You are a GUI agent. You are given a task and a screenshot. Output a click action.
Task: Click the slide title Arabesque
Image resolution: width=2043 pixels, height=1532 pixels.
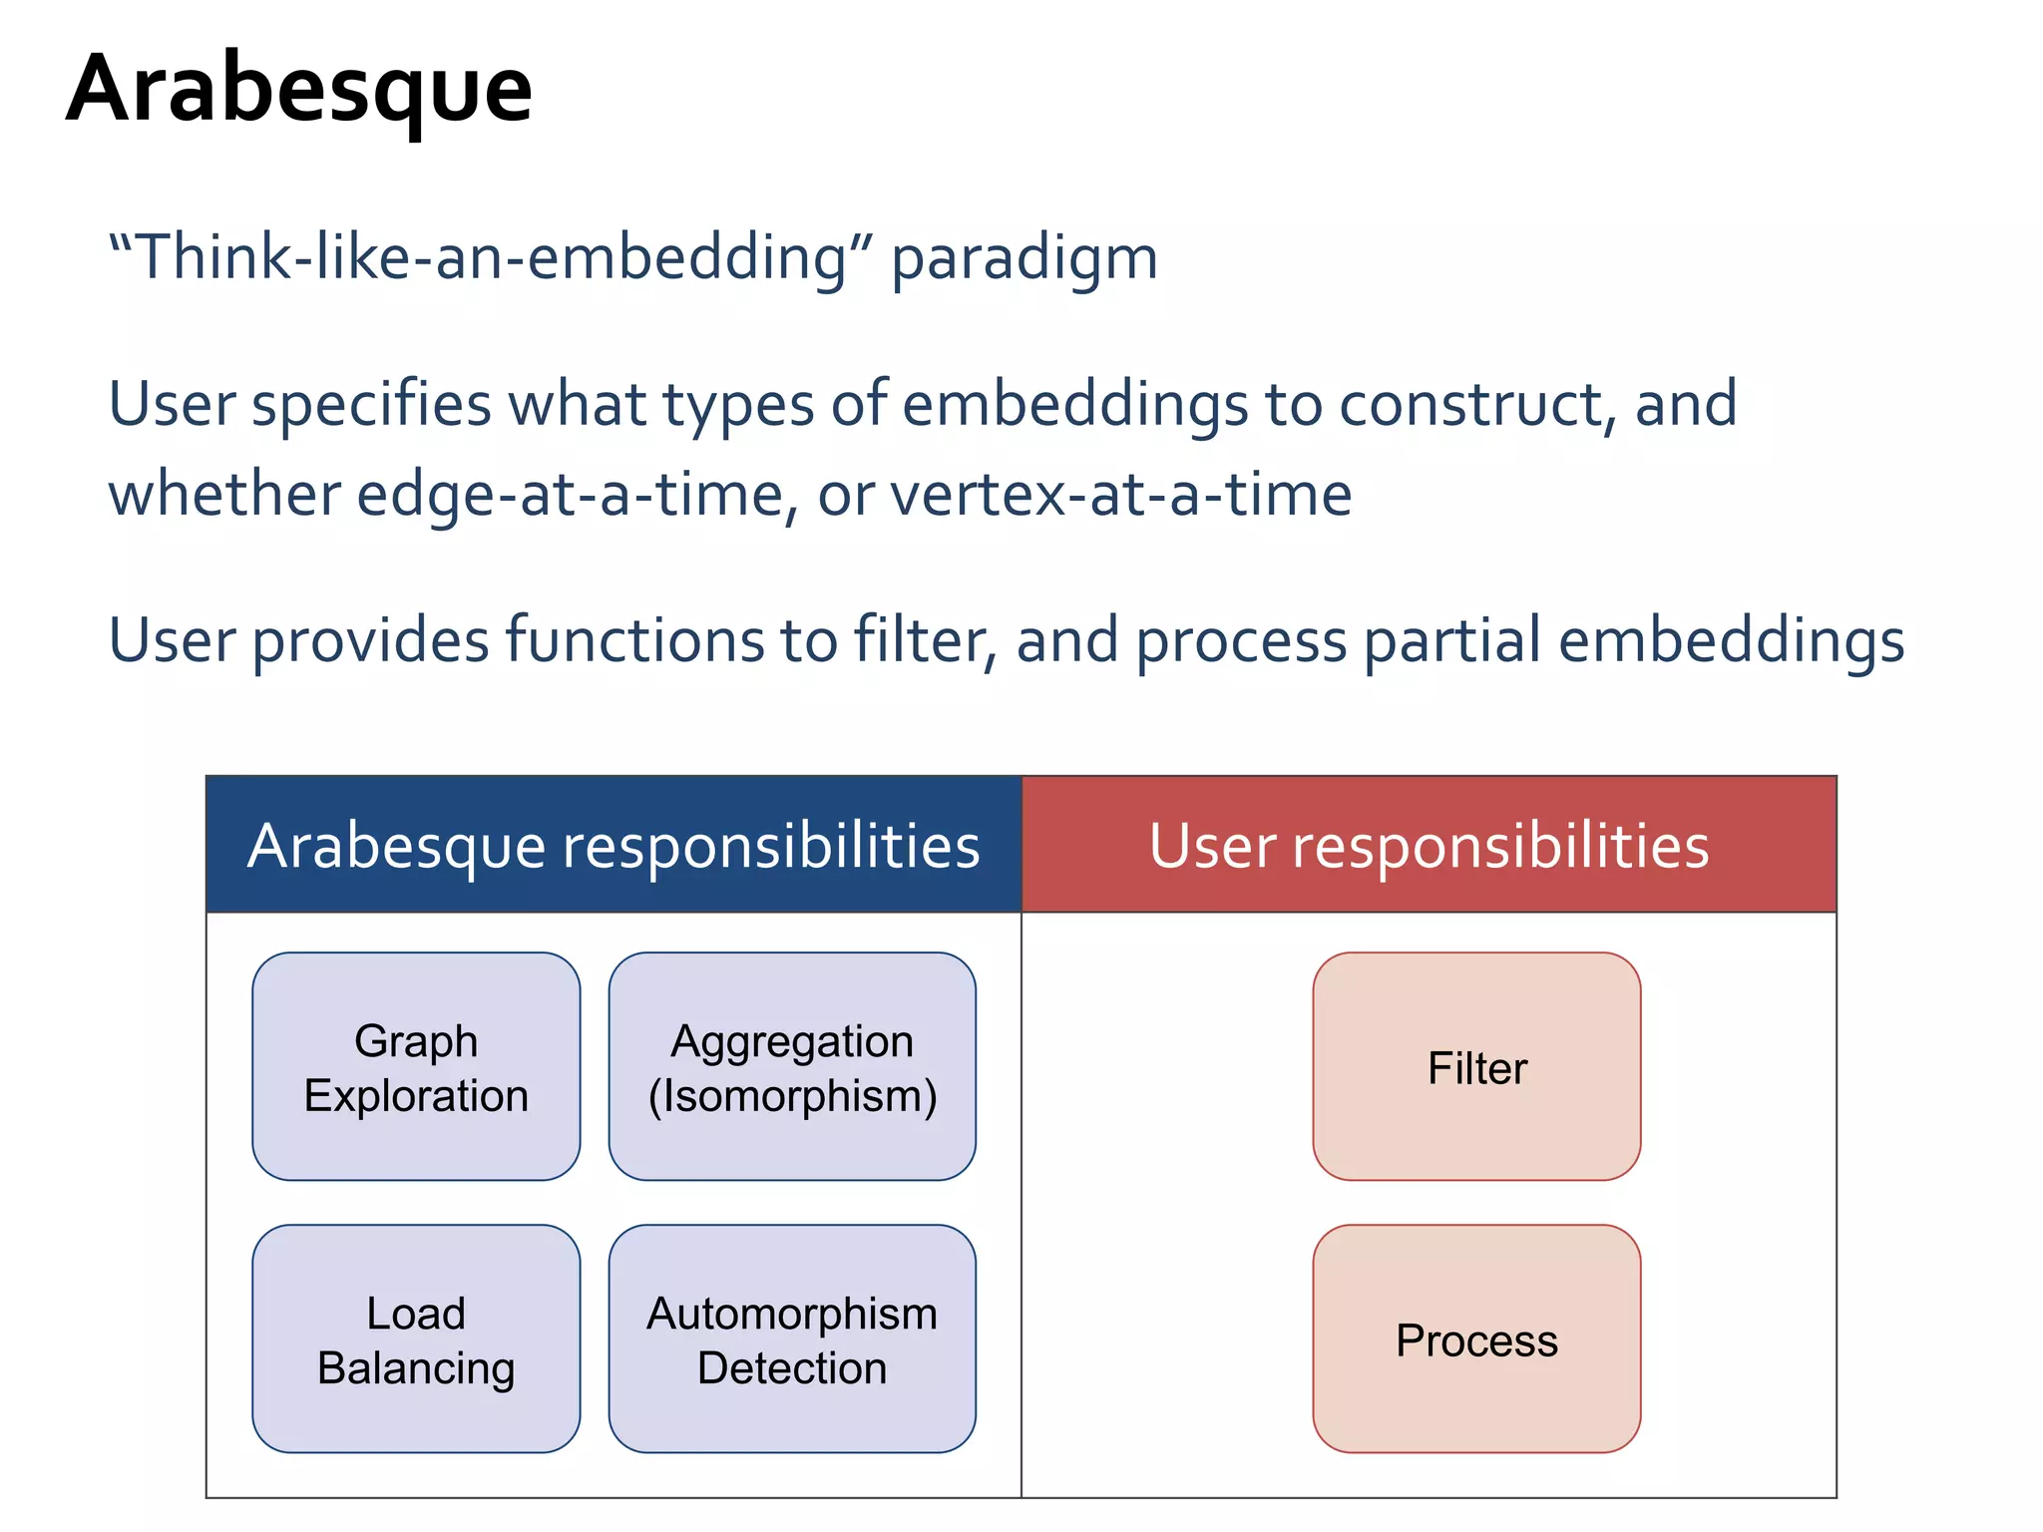(x=299, y=90)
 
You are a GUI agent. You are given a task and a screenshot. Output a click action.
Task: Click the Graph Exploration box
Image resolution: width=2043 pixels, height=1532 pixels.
(x=416, y=1067)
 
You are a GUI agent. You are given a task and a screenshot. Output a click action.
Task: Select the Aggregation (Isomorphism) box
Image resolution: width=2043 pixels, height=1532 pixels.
(x=792, y=1067)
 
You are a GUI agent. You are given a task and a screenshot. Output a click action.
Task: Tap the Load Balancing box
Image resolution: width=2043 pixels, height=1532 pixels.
(x=416, y=1340)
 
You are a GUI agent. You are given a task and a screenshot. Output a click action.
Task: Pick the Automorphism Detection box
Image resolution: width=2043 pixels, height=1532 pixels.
(x=792, y=1340)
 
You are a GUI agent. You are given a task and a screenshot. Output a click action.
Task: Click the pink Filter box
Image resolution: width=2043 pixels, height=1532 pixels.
(x=1476, y=1067)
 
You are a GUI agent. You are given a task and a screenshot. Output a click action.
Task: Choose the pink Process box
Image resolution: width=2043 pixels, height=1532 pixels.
(x=1476, y=1340)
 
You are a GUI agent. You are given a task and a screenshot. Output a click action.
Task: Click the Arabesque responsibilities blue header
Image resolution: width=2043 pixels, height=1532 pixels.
(x=613, y=845)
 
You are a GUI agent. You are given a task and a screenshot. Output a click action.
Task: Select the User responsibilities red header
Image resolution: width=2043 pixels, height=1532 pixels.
(x=1429, y=845)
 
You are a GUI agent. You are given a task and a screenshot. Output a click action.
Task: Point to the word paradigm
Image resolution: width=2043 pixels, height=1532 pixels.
(x=1024, y=259)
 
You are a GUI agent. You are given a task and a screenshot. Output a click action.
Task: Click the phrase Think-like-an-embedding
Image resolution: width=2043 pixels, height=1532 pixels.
(x=489, y=257)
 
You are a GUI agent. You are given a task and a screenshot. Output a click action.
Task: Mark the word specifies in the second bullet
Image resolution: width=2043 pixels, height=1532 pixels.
(x=371, y=405)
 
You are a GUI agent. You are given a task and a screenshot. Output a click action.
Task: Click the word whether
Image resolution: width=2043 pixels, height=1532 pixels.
(x=223, y=495)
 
